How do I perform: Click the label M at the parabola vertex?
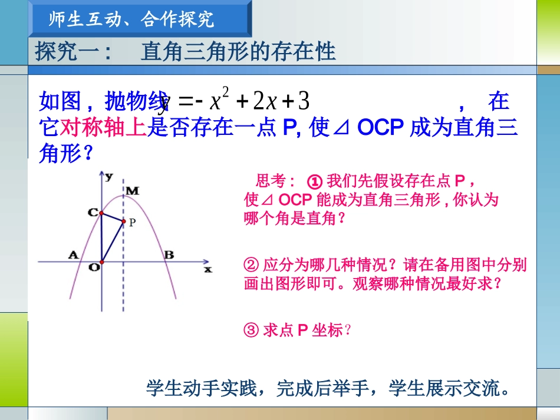click(x=132, y=190)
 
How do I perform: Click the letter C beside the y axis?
click(x=93, y=213)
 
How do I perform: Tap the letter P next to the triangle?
click(x=133, y=223)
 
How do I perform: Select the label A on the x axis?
click(x=74, y=254)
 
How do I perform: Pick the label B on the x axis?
click(x=169, y=254)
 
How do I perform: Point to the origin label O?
click(x=93, y=267)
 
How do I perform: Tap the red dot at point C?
click(x=101, y=213)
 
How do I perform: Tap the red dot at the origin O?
click(x=101, y=262)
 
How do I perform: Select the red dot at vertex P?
click(x=123, y=221)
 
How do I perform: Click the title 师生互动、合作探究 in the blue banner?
click(x=131, y=19)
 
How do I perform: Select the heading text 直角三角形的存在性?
click(x=238, y=52)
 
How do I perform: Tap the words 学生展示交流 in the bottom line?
click(x=449, y=389)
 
